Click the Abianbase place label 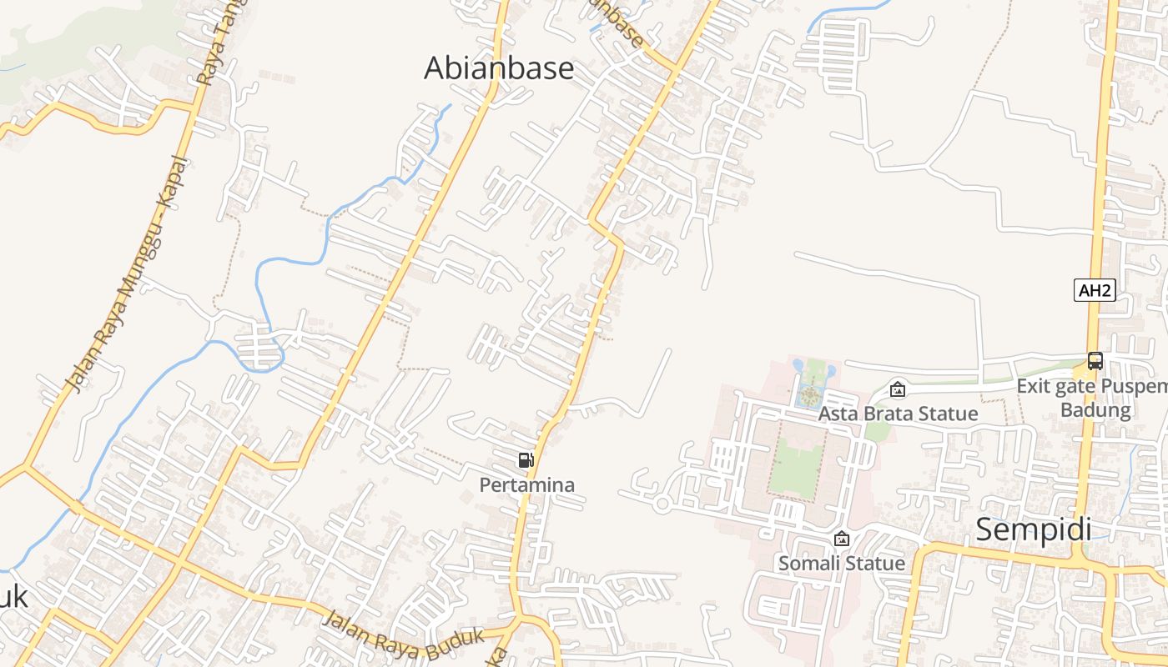pos(499,68)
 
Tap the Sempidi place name pos(1034,529)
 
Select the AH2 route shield pos(1095,290)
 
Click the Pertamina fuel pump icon pos(526,460)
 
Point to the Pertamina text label pos(526,484)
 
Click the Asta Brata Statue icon pos(898,389)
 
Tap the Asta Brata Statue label pos(898,414)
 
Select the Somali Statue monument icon pos(842,539)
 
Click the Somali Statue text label pos(842,564)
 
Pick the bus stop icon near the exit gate pos(1095,361)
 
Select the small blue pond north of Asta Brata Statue pos(798,365)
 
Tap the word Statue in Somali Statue pos(875,564)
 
